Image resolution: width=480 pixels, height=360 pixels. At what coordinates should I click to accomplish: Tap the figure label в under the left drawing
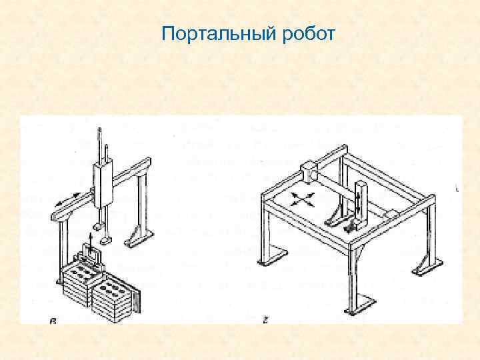[53, 322]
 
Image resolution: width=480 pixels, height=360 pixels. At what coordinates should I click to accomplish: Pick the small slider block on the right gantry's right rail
[391, 213]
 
